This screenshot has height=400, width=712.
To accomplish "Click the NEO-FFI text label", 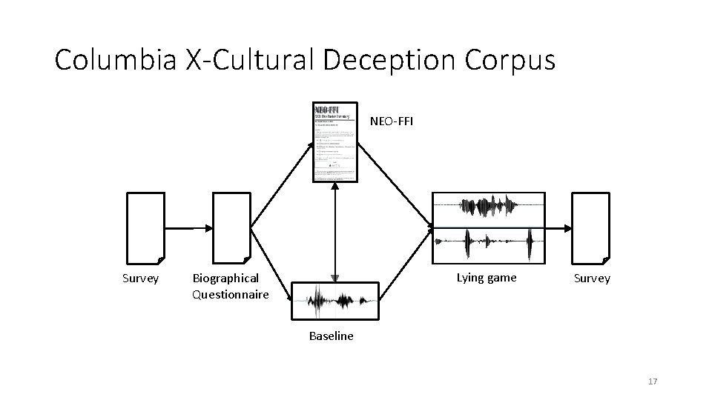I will pos(392,121).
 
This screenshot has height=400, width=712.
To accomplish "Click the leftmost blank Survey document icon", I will pos(146,227).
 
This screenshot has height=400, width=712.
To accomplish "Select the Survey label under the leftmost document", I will pos(140,279).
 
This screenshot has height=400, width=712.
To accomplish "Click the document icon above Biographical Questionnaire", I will pos(231,227).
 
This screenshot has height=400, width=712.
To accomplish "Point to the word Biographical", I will pos(225,278).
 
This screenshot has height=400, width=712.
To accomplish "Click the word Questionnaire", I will pos(230,294).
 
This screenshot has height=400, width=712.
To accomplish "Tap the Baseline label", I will pos(331,336).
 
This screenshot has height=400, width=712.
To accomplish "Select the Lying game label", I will pos(487,278).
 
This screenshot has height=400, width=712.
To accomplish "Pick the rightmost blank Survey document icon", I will pos(590,227).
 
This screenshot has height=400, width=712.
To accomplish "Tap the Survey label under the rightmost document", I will pos(592,279).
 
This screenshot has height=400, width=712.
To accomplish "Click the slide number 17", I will pos(653,381).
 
